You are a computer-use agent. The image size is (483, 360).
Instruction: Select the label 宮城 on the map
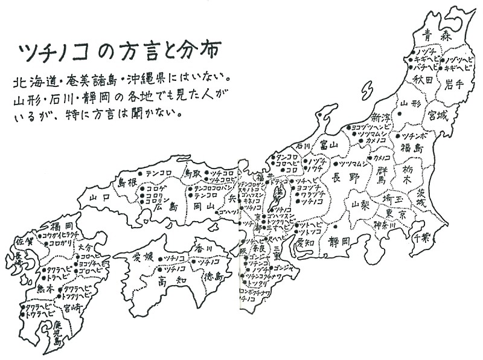coord(439,113)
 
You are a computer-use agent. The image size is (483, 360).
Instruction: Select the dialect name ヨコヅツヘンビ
coord(371,127)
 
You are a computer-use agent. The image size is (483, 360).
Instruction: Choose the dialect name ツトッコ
coord(310,232)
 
